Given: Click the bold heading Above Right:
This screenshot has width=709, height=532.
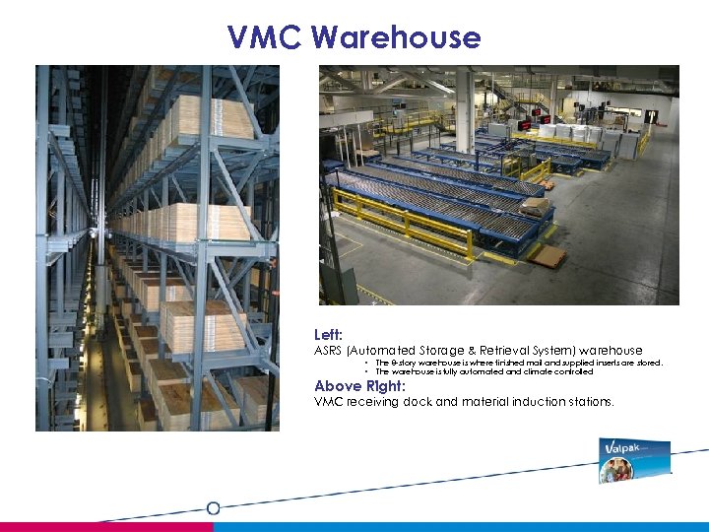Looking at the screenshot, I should pyautogui.click(x=359, y=386).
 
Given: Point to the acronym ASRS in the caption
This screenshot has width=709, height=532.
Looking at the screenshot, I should pyautogui.click(x=327, y=351).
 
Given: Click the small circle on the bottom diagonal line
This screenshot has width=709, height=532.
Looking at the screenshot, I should pyautogui.click(x=213, y=507).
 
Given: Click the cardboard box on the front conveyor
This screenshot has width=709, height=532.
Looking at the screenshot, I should pyautogui.click(x=536, y=207).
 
